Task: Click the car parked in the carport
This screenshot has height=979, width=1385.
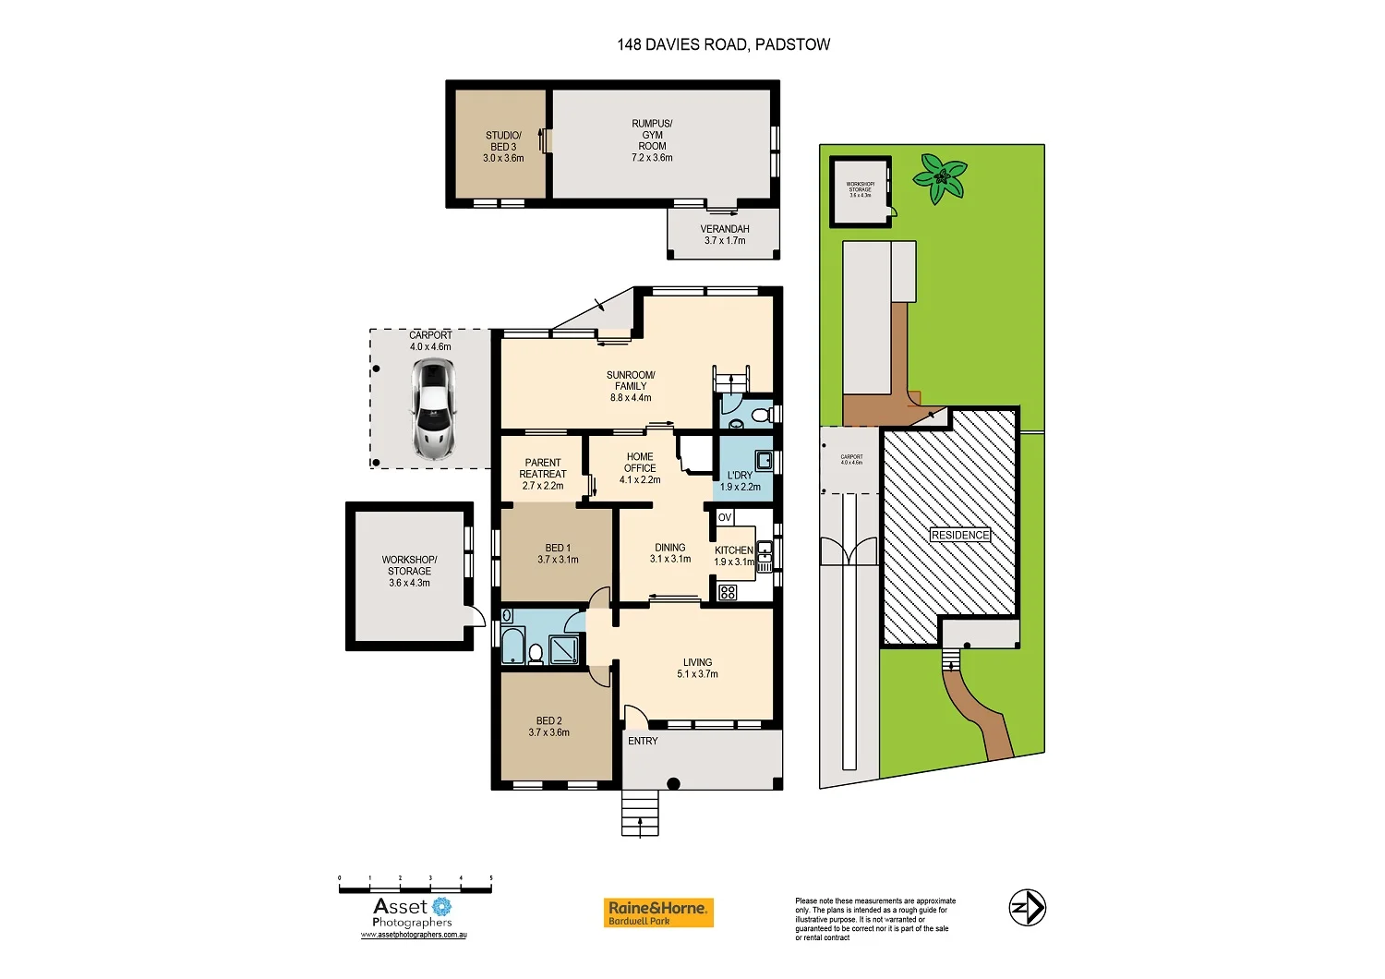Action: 434,409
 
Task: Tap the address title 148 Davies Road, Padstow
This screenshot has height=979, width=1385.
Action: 723,44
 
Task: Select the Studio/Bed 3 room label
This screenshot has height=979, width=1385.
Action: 503,146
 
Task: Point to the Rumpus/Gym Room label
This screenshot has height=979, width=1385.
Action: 652,140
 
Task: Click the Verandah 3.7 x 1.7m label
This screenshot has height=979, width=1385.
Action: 725,235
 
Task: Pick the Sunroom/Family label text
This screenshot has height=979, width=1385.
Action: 631,386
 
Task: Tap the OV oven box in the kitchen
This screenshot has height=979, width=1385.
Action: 725,518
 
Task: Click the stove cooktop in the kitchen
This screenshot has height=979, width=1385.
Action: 728,592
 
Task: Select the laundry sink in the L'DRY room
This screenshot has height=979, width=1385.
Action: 764,459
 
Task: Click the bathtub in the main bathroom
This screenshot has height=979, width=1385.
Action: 512,645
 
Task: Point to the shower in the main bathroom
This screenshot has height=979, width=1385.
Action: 563,649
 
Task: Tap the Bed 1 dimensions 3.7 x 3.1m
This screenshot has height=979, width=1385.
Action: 558,560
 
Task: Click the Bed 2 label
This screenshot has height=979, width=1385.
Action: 548,720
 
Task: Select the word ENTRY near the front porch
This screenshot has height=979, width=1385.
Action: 643,741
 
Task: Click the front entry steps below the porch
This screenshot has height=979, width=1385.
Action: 640,814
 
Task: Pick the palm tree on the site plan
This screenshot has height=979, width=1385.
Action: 941,177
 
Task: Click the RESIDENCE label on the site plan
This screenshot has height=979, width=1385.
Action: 959,535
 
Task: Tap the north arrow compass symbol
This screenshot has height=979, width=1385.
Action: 1027,907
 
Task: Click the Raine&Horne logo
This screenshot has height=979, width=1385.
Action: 658,913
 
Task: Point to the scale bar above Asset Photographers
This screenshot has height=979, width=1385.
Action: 415,888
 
